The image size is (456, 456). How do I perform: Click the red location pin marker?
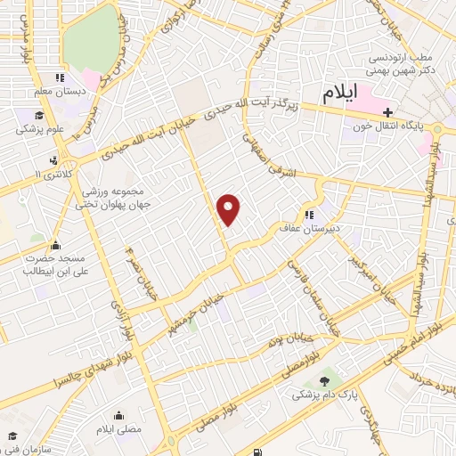[230, 208]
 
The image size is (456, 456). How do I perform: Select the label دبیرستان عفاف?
[325, 227]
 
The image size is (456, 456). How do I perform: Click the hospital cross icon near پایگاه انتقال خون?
[387, 111]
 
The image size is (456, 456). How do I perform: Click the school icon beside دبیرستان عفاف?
[309, 215]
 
